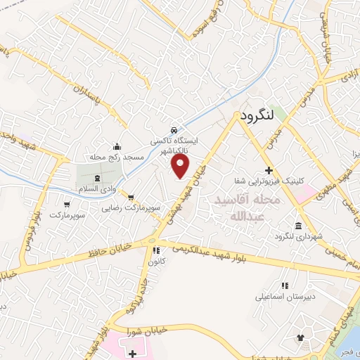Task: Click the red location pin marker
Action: [x=181, y=166]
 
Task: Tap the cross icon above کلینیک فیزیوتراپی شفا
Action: [x=269, y=170]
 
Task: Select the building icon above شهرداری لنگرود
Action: [x=299, y=226]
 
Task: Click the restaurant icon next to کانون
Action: [x=155, y=250]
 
